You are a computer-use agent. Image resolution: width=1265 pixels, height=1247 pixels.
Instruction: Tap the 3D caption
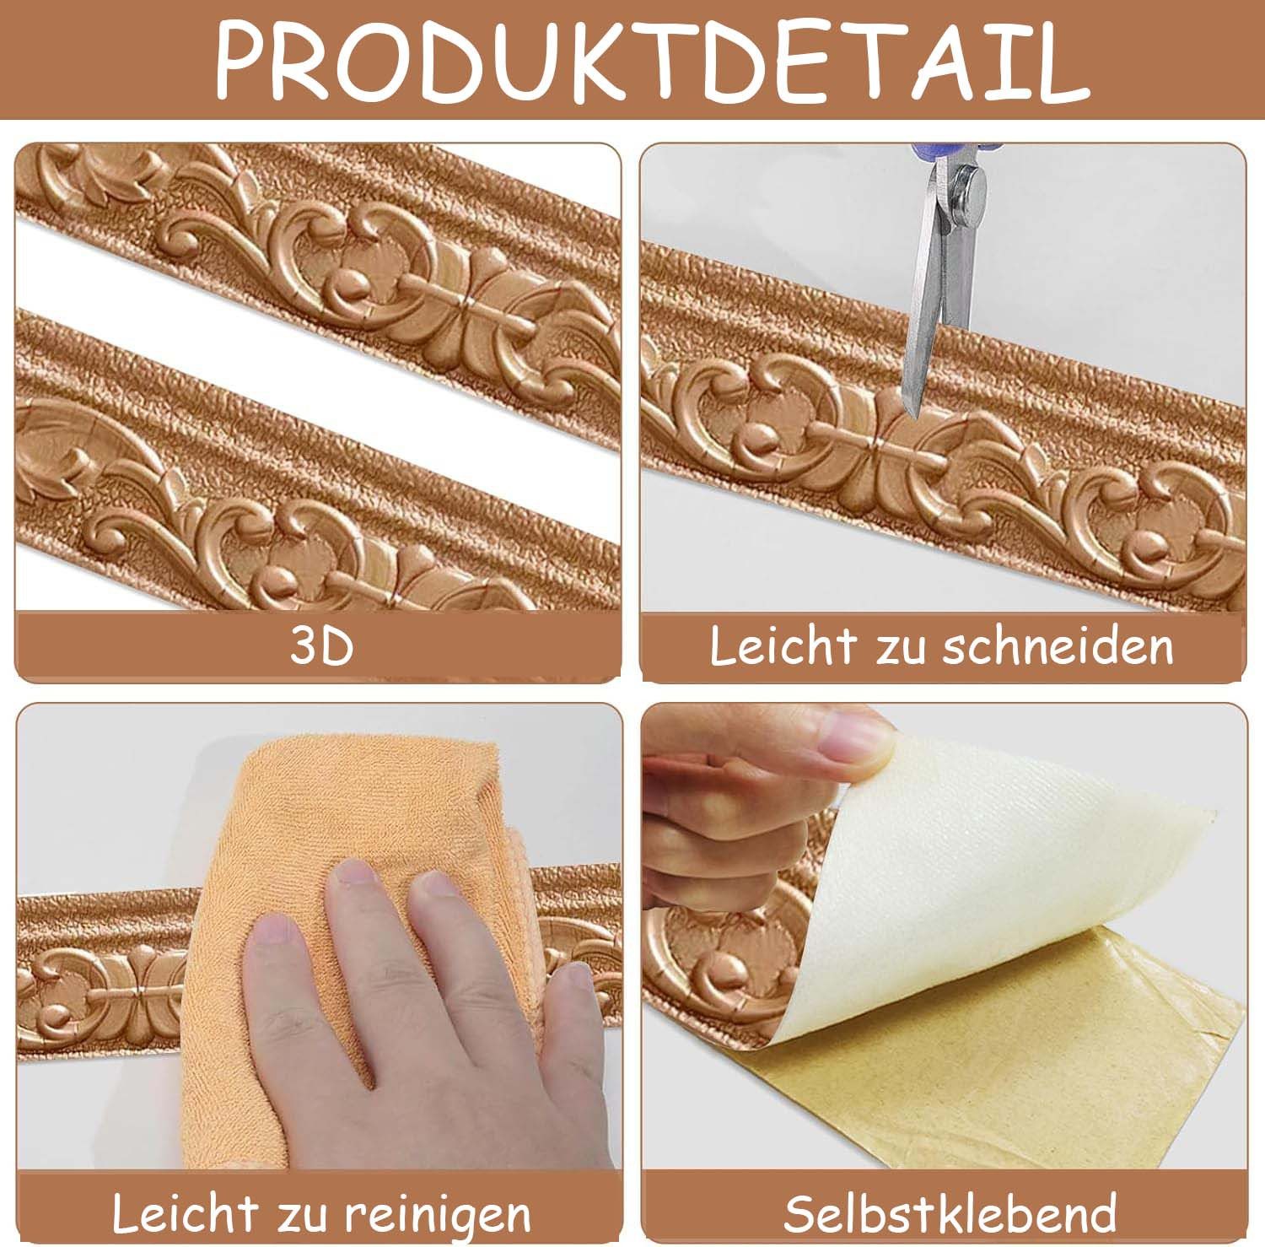pyautogui.click(x=321, y=647)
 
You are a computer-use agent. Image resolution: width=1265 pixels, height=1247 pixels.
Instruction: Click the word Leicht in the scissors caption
pyautogui.click(x=782, y=646)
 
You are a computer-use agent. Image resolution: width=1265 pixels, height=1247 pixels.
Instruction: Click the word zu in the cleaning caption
pyautogui.click(x=302, y=1216)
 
